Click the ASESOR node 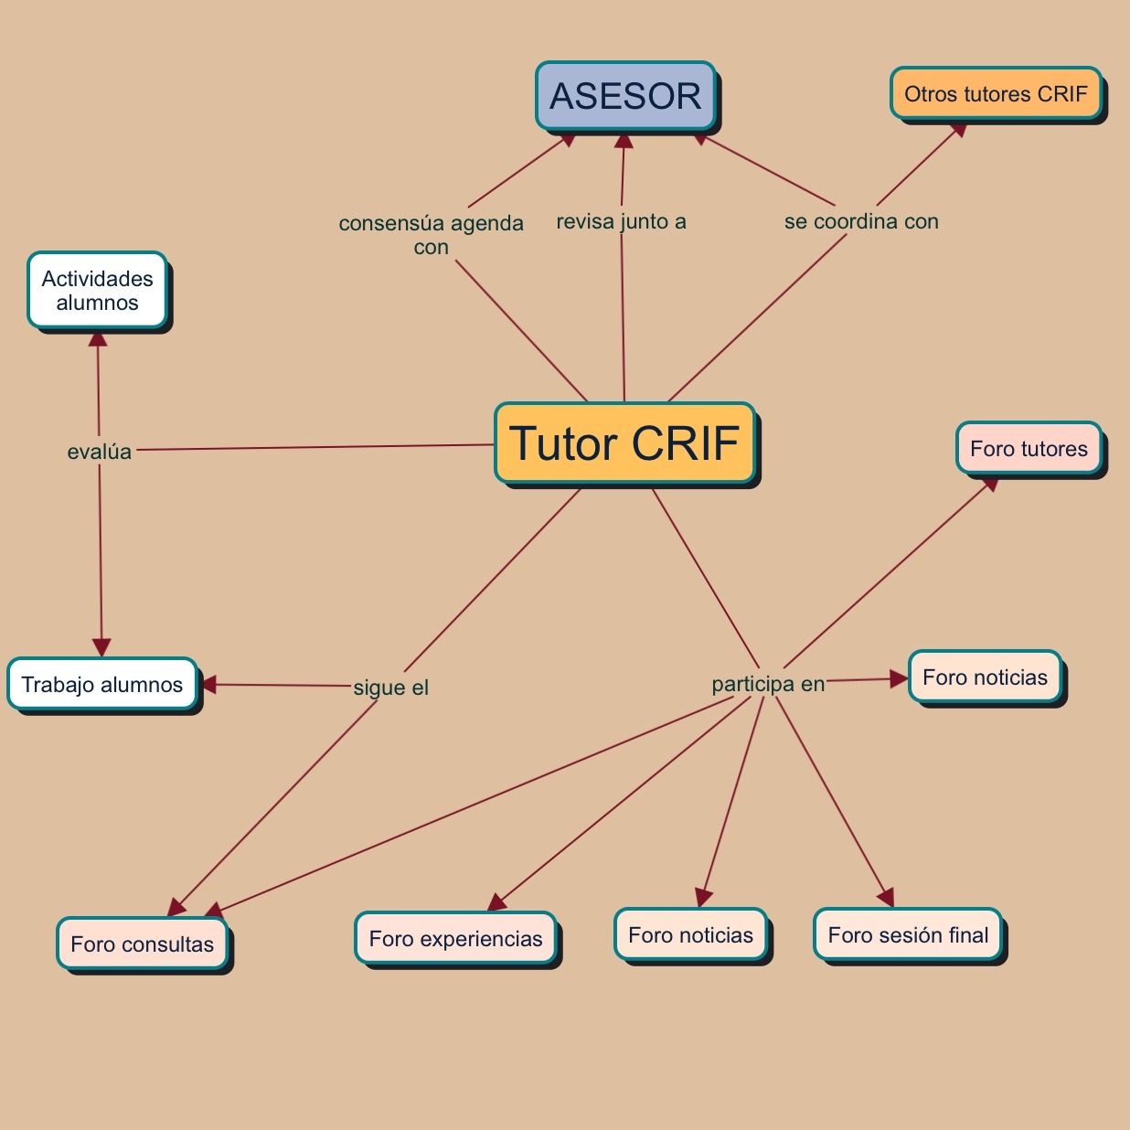[x=625, y=95]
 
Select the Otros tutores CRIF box [x=996, y=93]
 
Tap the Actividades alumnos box [x=98, y=291]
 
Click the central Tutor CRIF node [x=625, y=443]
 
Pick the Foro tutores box [x=1029, y=449]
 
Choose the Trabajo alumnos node [x=102, y=685]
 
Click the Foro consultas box [x=143, y=944]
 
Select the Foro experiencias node [x=455, y=939]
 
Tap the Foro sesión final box [x=908, y=935]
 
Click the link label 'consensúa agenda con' [x=431, y=235]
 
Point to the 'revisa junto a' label [x=621, y=221]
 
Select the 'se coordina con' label [x=861, y=221]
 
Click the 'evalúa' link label [x=100, y=452]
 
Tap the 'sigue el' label [x=391, y=688]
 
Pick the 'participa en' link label [x=768, y=684]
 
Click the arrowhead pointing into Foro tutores [x=989, y=485]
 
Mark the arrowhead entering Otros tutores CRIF [x=958, y=129]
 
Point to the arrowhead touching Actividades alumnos [x=98, y=338]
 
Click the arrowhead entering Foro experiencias [x=496, y=903]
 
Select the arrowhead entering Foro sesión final [x=885, y=898]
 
